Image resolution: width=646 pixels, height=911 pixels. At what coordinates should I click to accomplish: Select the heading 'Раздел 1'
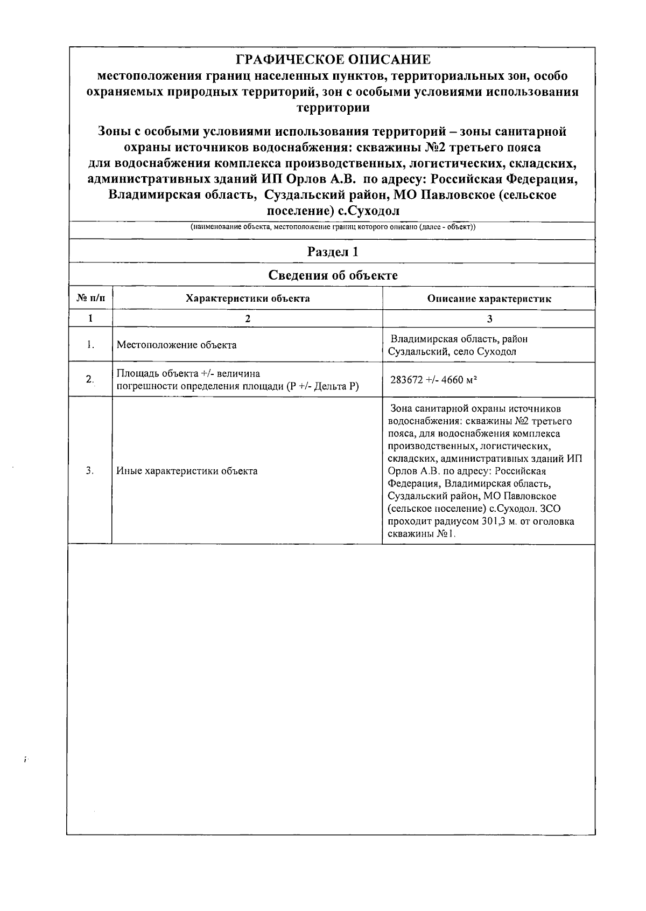click(x=333, y=252)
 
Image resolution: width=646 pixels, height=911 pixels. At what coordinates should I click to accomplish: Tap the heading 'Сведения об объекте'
click(x=333, y=275)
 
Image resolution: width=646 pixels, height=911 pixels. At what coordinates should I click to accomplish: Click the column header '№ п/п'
click(x=90, y=298)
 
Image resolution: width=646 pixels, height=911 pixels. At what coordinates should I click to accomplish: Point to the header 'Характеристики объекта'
click(x=248, y=298)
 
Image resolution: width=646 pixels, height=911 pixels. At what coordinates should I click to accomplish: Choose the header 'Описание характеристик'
click(x=489, y=298)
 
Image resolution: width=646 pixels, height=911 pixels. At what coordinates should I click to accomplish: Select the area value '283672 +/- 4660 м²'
click(x=433, y=380)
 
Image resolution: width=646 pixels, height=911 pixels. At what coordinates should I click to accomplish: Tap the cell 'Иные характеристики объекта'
click(x=187, y=471)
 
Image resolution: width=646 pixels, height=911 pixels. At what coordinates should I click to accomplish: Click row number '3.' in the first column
click(x=90, y=471)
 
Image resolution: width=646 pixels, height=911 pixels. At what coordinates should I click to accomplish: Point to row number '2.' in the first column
click(x=90, y=379)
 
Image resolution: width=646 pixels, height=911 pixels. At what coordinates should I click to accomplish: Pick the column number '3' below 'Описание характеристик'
click(x=489, y=318)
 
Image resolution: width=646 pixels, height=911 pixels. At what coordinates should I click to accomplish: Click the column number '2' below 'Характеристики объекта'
click(x=248, y=318)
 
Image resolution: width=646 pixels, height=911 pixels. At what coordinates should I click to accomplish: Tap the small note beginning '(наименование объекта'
click(x=333, y=227)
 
